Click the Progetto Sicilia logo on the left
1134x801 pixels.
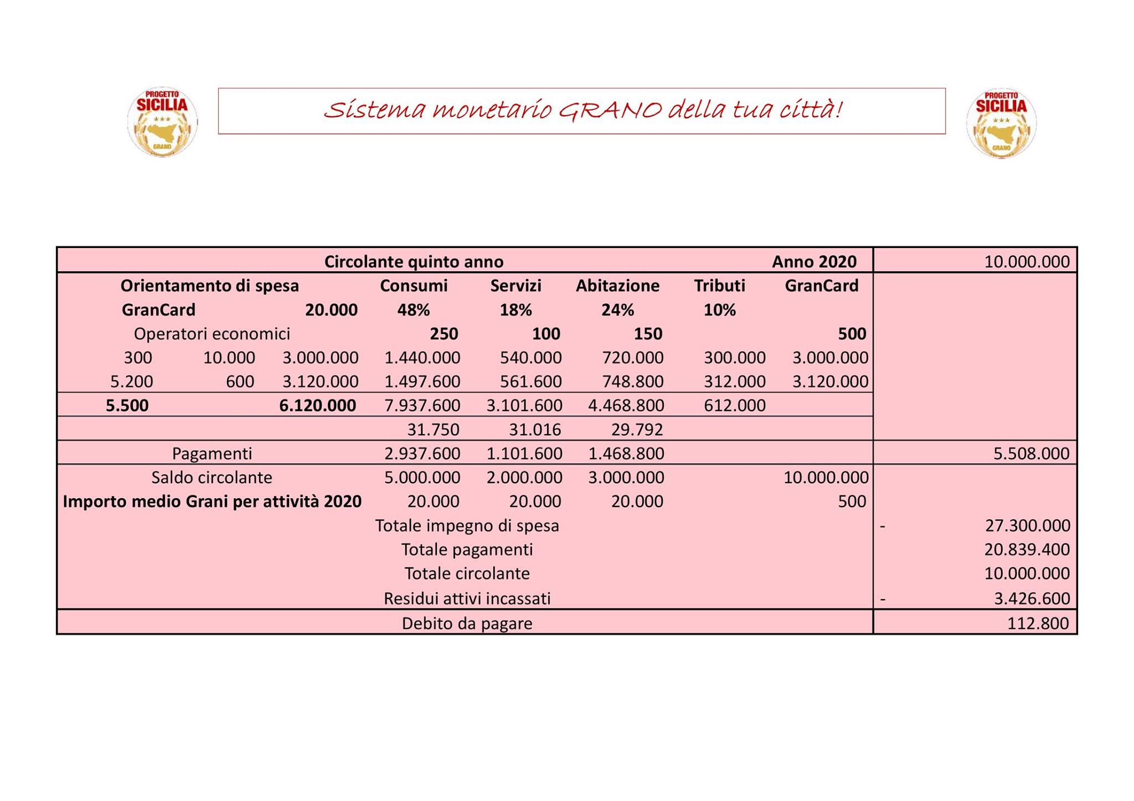[x=162, y=122]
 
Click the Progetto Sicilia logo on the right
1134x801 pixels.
[x=1001, y=123]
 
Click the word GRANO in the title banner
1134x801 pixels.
[x=609, y=110]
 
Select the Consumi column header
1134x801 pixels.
[x=414, y=286]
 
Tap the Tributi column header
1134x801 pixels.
[x=719, y=286]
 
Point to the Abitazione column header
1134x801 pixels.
[x=617, y=286]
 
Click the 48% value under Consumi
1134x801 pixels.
[x=413, y=310]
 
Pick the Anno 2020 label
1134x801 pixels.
[x=814, y=261]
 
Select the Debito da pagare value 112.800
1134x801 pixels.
[x=1038, y=623]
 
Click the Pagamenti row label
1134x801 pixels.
[x=212, y=453]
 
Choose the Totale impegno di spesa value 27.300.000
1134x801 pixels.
[x=1027, y=525]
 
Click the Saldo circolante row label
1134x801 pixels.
[x=212, y=477]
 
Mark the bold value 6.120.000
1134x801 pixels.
[x=318, y=406]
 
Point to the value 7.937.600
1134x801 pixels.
[x=422, y=406]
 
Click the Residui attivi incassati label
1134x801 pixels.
[x=467, y=598]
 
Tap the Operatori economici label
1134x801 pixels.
[x=212, y=334]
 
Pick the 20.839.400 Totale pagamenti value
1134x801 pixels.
[x=1027, y=550]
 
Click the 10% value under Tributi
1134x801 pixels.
[x=719, y=310]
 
